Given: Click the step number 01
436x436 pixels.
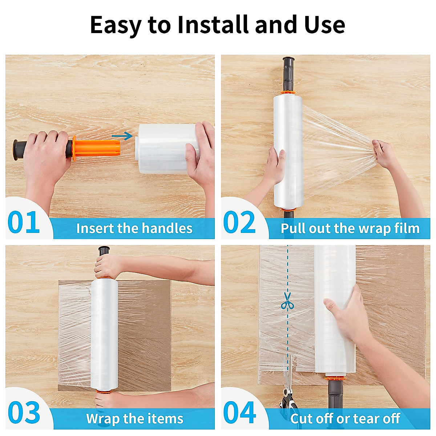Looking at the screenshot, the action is coord(24,222).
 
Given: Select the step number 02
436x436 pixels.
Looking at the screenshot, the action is coord(239,222).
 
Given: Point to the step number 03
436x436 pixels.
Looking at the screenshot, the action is coord(24,412).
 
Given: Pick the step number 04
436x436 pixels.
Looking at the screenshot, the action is coord(239,412).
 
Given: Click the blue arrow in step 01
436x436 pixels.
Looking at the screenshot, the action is coord(122,136).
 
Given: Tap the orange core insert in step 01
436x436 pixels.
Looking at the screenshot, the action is coord(96,148).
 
